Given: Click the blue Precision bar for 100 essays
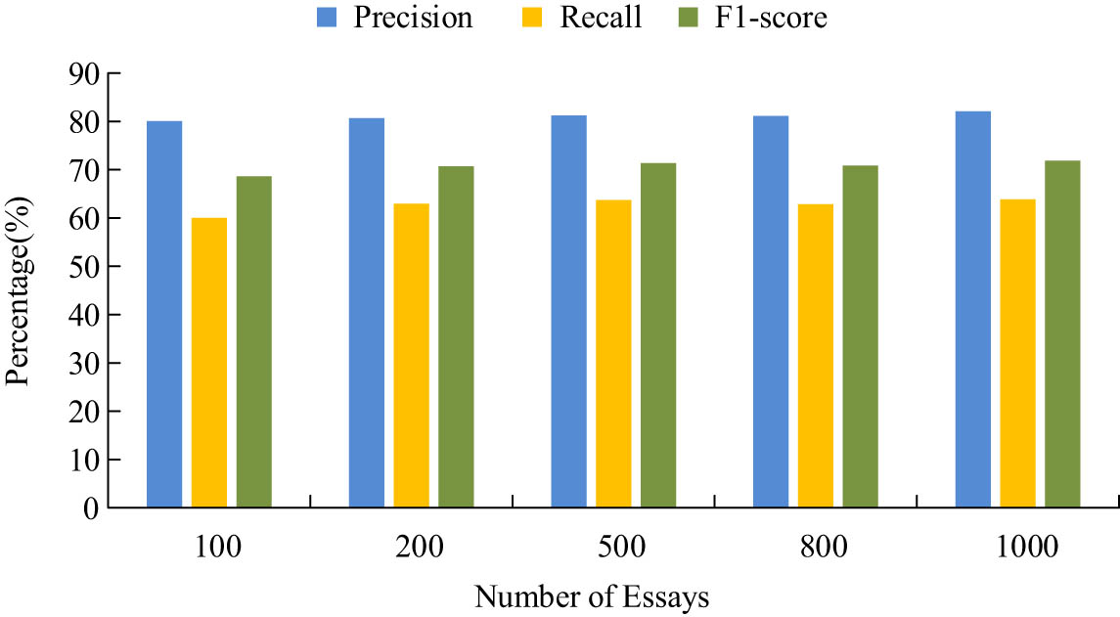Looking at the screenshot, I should tap(164, 313).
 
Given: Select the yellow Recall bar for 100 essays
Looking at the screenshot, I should tap(208, 362).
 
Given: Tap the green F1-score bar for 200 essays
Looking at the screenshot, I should tap(456, 336).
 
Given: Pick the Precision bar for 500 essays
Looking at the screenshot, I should tap(568, 311).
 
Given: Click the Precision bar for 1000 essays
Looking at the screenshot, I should tap(973, 309).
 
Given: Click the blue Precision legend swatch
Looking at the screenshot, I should tap(327, 17).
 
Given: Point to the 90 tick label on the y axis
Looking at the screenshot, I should tap(86, 74).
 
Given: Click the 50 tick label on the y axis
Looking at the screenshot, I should tap(86, 267).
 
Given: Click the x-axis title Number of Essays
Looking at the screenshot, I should tap(591, 596).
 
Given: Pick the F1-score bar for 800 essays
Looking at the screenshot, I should tap(861, 336).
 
